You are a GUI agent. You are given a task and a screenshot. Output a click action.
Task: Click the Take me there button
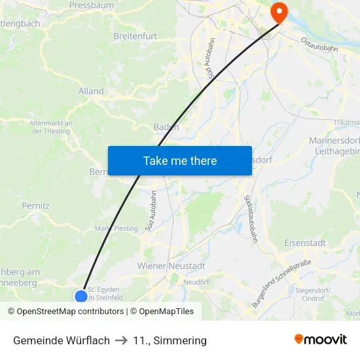click(179, 160)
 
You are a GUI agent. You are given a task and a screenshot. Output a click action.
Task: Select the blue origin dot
click(81, 296)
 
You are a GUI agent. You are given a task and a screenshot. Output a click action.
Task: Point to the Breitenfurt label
click(134, 36)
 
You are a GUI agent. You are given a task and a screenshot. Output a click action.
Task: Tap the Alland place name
click(91, 92)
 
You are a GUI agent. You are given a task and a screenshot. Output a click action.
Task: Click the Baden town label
click(166, 127)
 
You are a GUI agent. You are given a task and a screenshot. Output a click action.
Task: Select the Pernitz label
click(35, 206)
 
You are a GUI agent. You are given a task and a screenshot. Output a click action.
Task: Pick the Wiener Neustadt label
click(171, 266)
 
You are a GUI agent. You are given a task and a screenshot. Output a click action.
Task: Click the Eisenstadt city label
click(305, 243)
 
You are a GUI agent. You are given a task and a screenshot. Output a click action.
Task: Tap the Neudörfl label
click(196, 281)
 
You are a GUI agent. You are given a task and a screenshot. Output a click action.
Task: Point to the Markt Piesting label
click(117, 228)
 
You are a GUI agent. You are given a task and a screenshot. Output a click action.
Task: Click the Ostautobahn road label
click(319, 44)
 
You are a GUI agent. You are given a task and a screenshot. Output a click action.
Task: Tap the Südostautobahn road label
click(251, 218)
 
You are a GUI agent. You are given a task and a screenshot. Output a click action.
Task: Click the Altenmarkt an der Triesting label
click(51, 126)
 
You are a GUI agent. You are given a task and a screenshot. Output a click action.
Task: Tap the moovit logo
click(320, 340)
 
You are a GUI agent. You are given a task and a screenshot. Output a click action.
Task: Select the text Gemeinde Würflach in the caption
click(62, 340)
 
